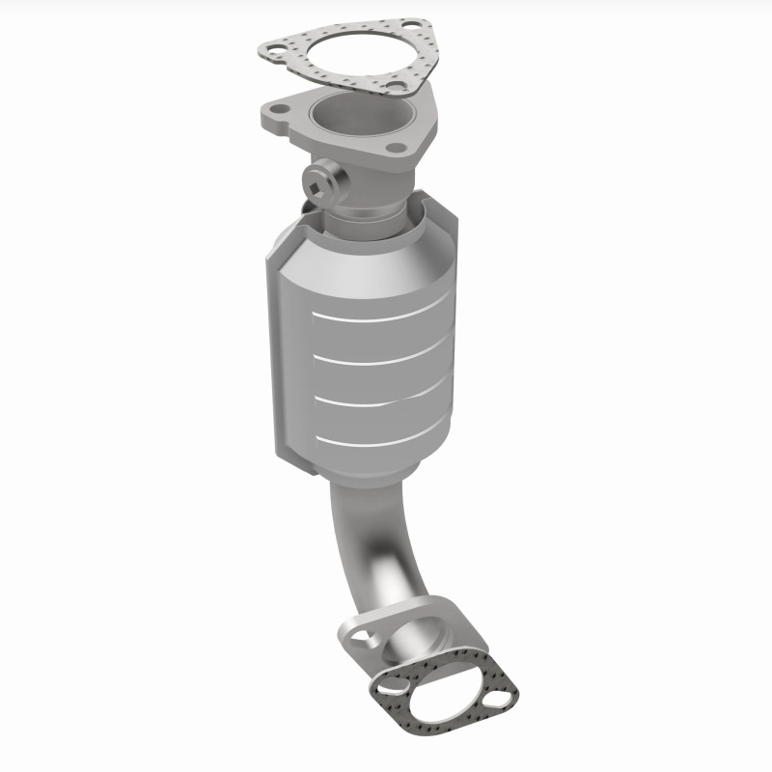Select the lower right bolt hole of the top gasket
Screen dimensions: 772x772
pos(394,90)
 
